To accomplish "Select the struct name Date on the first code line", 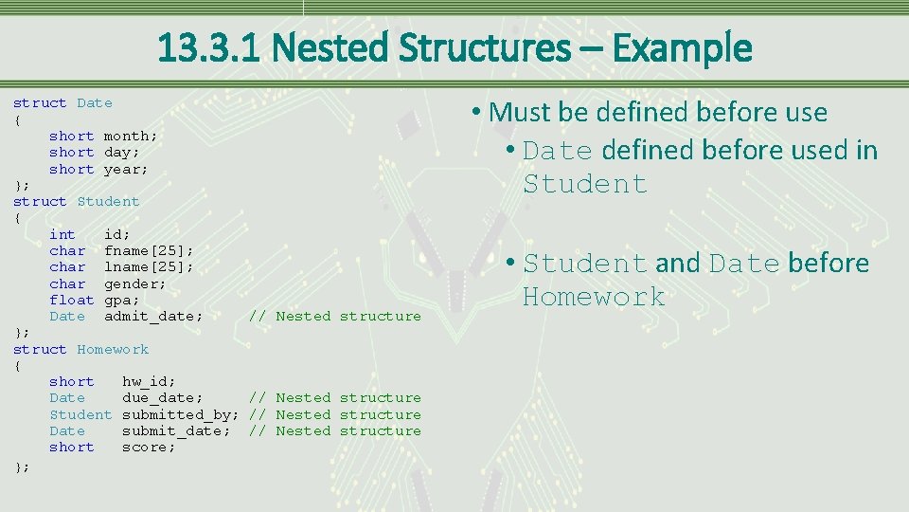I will click(95, 102).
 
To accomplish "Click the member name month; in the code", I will click(131, 136).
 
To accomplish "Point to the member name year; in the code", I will click(126, 169).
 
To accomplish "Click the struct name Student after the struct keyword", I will click(108, 201).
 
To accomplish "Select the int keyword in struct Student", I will click(62, 234).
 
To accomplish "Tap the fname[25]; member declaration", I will click(149, 250).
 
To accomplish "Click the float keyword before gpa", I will click(72, 300).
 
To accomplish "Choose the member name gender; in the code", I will click(134, 283).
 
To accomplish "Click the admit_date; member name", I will click(153, 316).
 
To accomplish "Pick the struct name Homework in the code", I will click(113, 349).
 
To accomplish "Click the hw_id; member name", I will click(149, 381).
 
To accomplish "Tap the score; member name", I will click(149, 447).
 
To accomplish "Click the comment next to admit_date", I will click(334, 316).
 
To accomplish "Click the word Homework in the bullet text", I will click(594, 297).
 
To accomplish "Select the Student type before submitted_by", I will click(80, 414).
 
